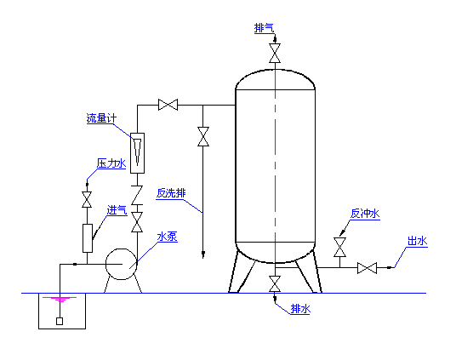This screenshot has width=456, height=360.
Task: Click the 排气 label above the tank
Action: click(265, 28)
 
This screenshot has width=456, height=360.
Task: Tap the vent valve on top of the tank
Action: click(275, 54)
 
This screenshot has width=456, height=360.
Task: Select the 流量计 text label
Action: click(101, 118)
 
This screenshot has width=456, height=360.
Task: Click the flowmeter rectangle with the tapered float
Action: click(137, 153)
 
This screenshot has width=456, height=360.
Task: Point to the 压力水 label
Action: click(111, 163)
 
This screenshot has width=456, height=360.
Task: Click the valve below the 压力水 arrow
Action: click(87, 199)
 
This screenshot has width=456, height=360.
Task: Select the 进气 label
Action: click(117, 210)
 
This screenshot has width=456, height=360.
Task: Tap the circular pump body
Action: click(122, 264)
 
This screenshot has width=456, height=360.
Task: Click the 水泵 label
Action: click(168, 237)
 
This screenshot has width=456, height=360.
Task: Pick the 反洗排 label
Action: click(171, 193)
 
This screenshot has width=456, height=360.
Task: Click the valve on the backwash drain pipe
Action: click(203, 136)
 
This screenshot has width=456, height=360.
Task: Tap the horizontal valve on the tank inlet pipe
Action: click(168, 105)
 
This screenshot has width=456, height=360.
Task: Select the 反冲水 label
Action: click(365, 214)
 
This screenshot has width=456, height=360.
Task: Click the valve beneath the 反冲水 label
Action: click(339, 248)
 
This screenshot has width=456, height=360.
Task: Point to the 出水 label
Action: click(418, 241)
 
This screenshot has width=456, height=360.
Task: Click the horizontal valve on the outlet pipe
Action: click(367, 268)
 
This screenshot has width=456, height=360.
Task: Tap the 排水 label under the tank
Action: click(300, 309)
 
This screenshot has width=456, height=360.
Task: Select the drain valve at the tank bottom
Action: click(275, 283)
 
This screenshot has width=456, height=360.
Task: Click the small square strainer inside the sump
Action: click(60, 322)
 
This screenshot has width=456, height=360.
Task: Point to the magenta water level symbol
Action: click(60, 300)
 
